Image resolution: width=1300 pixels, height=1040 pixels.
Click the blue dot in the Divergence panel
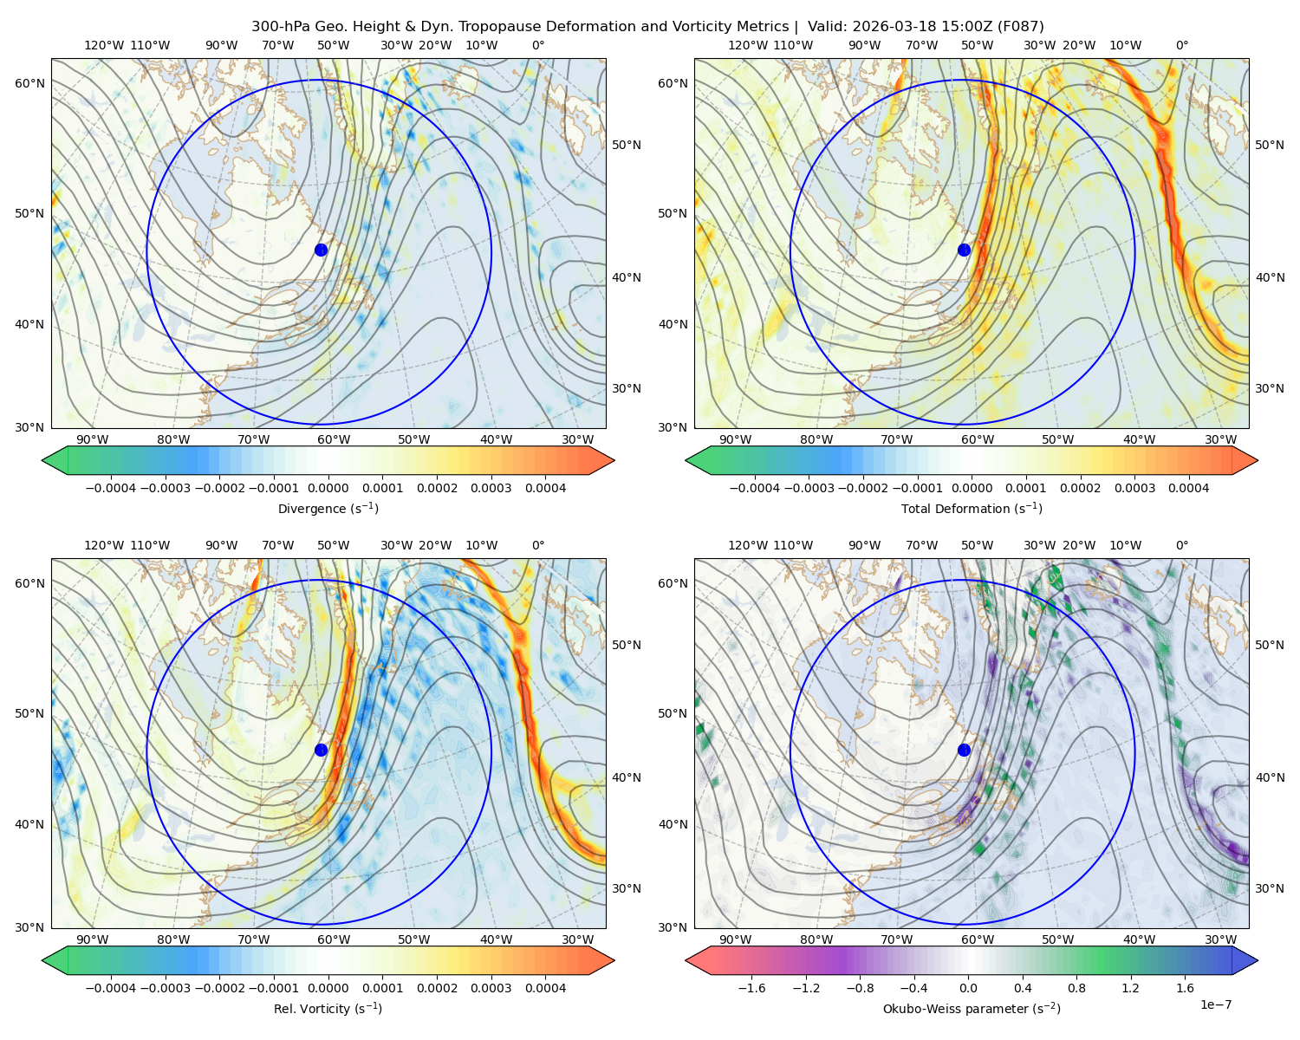pos(321,250)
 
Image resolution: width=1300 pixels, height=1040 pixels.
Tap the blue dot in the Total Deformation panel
pos(964,250)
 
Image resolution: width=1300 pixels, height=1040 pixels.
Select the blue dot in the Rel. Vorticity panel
pos(321,750)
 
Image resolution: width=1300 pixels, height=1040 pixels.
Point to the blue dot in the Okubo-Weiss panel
pos(964,750)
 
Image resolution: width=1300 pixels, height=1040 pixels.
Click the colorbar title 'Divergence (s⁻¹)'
pos(328,508)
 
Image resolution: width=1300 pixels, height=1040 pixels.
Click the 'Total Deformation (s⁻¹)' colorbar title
pos(972,508)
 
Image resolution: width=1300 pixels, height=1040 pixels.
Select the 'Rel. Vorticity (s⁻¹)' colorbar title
pos(328,1009)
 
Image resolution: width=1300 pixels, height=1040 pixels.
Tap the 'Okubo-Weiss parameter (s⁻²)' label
pos(972,1009)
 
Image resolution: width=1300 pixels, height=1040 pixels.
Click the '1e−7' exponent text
pos(1215,1004)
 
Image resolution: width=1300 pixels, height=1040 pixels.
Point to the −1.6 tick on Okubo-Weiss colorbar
pos(751,988)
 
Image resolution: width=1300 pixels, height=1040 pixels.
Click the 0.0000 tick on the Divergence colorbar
pos(328,488)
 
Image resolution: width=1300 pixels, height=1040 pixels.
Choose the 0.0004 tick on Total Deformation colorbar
pos(1189,488)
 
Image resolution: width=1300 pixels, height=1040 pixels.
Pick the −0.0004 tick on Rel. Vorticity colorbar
pos(111,988)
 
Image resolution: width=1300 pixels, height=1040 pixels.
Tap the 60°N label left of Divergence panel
pos(29,83)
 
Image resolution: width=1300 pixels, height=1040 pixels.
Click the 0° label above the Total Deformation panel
pos(1181,45)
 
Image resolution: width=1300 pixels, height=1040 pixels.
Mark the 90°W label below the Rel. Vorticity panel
pos(92,939)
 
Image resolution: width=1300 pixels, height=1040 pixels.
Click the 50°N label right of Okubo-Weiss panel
pos(1270,645)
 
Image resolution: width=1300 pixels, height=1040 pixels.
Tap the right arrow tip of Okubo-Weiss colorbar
pos(1258,960)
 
